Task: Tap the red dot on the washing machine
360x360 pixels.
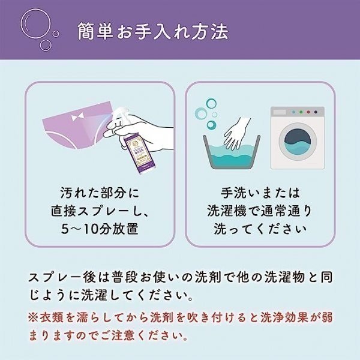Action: click(308, 112)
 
